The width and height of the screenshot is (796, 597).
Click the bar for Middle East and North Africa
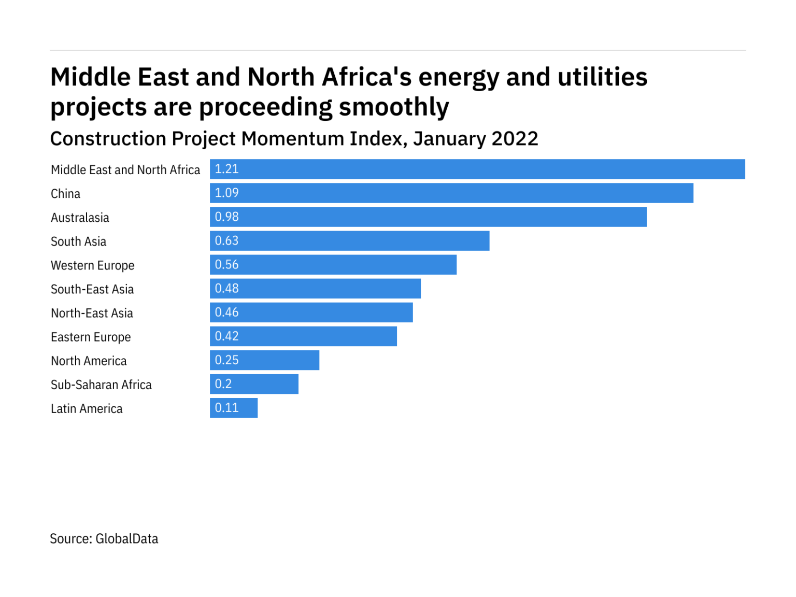pyautogui.click(x=477, y=169)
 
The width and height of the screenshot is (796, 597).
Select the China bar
pyautogui.click(x=451, y=193)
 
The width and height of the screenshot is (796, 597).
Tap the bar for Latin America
pyautogui.click(x=234, y=408)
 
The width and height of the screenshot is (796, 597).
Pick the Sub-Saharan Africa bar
pyautogui.click(x=254, y=384)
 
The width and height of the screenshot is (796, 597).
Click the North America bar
pyautogui.click(x=264, y=360)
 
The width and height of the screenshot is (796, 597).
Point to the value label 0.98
pyautogui.click(x=226, y=217)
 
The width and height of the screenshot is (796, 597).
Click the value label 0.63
pyautogui.click(x=226, y=240)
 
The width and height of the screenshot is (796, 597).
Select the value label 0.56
pyautogui.click(x=226, y=264)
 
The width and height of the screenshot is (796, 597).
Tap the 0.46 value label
pyautogui.click(x=226, y=312)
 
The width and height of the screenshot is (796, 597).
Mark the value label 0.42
pyautogui.click(x=226, y=336)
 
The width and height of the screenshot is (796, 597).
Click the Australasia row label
pyautogui.click(x=80, y=218)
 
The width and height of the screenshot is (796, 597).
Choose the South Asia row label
pyautogui.click(x=78, y=241)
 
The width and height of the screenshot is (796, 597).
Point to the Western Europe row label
pyautogui.click(x=92, y=265)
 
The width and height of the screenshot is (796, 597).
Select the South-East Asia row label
pyautogui.click(x=92, y=289)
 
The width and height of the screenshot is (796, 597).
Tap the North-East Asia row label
pyautogui.click(x=92, y=313)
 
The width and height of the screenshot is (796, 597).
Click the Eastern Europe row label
pyautogui.click(x=91, y=337)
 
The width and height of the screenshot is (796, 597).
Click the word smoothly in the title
pyautogui.click(x=393, y=107)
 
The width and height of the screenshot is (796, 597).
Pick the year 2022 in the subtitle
pyautogui.click(x=515, y=139)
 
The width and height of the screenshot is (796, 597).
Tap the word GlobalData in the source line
pyautogui.click(x=127, y=539)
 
